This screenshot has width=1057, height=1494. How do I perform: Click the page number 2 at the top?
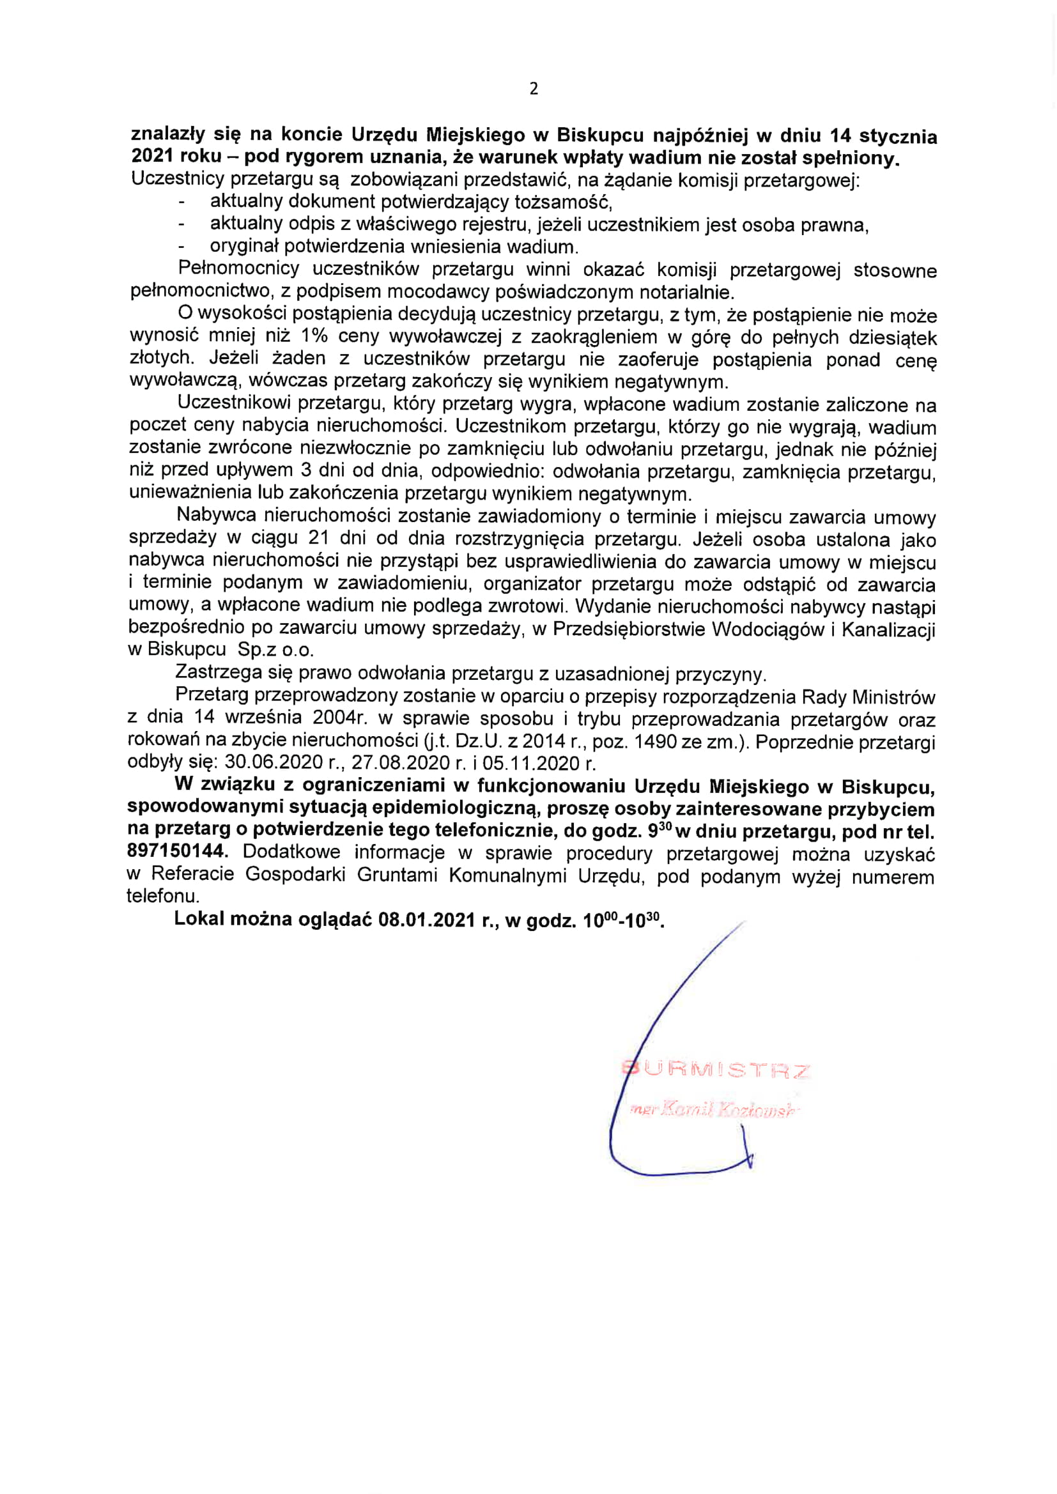click(534, 89)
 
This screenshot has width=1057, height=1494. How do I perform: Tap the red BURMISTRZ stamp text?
click(716, 1071)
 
